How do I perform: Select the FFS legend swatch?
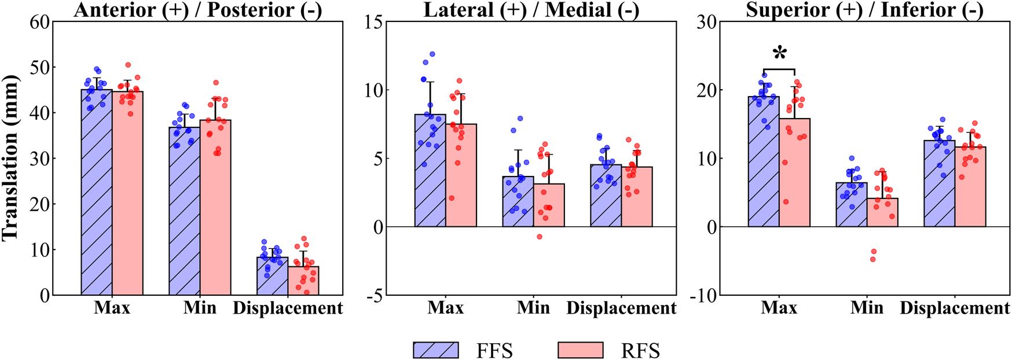point(435,350)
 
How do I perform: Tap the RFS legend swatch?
point(580,350)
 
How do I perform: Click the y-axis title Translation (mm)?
point(10,157)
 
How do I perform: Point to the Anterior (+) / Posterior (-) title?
point(197,10)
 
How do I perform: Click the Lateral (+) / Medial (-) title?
point(531,10)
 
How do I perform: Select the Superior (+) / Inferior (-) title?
point(864,10)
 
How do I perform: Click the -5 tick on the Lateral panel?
point(374,295)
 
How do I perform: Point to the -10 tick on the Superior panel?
point(703,295)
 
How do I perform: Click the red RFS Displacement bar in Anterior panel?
point(303,281)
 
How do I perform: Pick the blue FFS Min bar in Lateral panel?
point(518,203)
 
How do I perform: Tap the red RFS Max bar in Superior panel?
point(794,174)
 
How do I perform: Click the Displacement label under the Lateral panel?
point(621,308)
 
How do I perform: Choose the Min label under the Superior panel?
point(867,307)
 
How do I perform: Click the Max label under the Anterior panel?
point(112,307)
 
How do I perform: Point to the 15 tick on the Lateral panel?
point(374,22)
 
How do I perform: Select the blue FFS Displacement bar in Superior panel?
point(939,185)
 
